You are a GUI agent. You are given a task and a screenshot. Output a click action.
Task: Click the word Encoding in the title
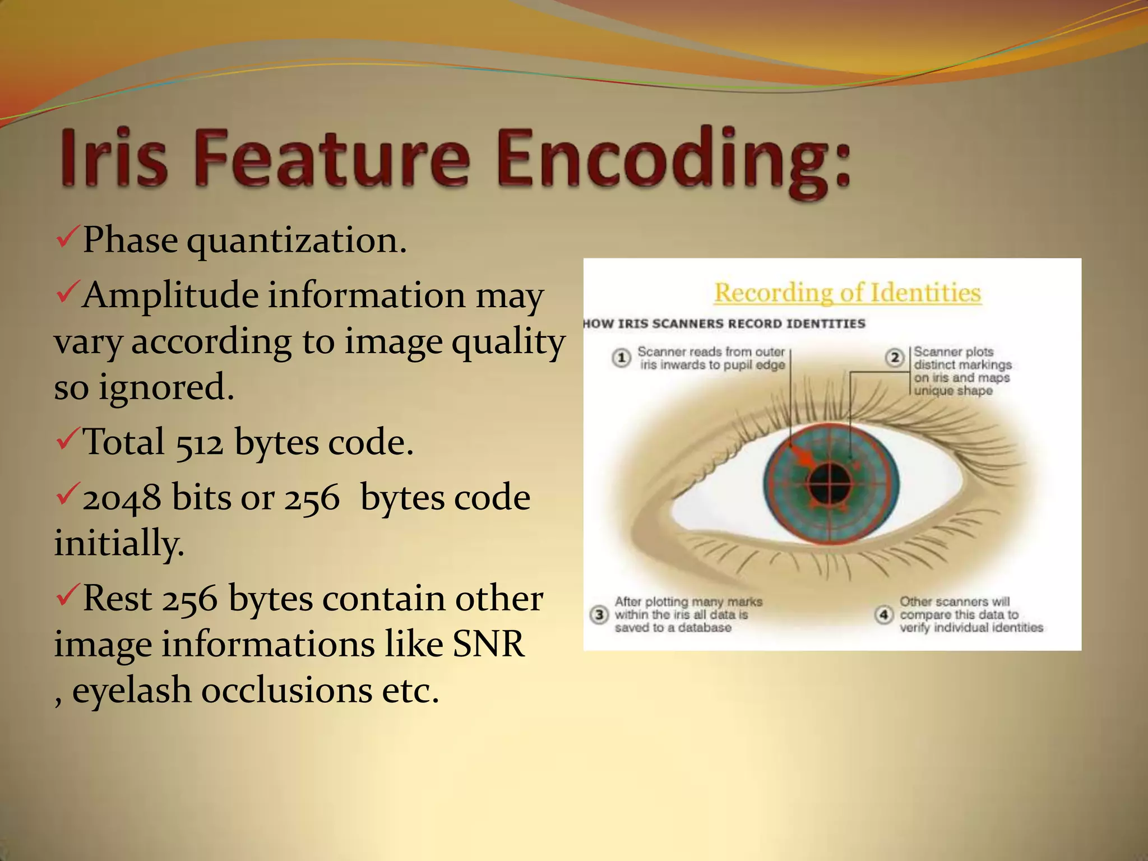673,160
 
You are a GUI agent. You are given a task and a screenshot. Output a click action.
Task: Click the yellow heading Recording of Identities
847,293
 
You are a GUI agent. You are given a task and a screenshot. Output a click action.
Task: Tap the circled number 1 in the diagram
621,358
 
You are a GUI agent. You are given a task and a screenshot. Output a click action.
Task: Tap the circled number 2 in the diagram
895,358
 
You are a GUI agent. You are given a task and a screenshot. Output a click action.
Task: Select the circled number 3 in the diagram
599,615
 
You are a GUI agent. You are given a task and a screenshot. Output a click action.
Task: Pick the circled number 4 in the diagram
884,615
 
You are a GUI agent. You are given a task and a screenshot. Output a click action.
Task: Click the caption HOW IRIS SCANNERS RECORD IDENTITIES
724,324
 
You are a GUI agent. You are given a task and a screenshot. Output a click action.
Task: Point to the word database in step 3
704,628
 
